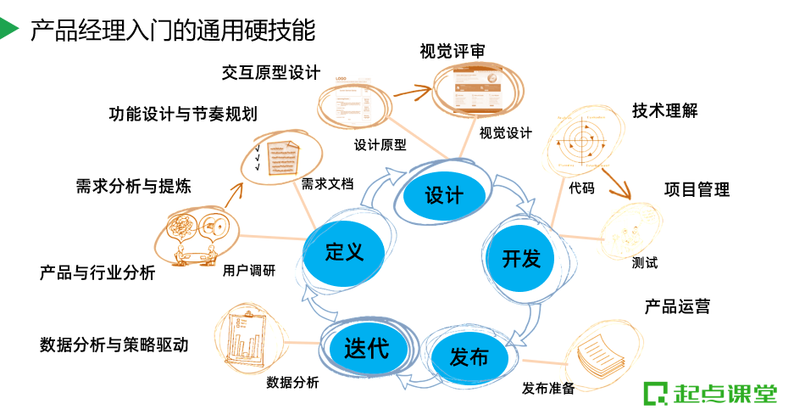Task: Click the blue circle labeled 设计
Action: [443, 196]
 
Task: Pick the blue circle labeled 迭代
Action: [366, 347]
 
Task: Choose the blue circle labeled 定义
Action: [344, 251]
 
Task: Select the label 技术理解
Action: [664, 110]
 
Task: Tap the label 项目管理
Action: [697, 189]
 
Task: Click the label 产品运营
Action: [677, 306]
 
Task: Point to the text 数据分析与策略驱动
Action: [114, 345]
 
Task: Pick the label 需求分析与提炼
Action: [133, 186]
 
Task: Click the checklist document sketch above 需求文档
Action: [279, 156]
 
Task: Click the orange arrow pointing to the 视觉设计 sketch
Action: [405, 91]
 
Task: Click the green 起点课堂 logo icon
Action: [655, 394]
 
